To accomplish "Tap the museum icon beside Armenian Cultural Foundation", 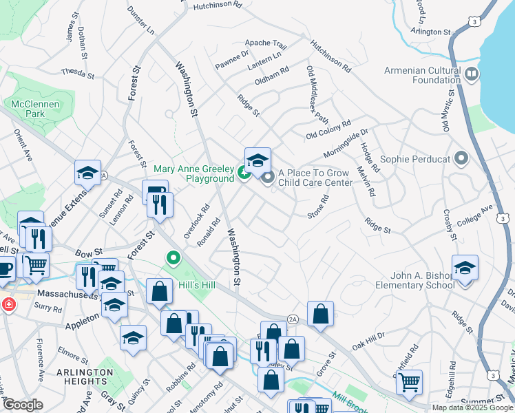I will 472,74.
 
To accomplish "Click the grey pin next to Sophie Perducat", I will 461,160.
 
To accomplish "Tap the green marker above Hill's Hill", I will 174,259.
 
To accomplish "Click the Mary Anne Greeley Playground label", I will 193,173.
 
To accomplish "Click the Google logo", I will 22,405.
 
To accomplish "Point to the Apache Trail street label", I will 265,43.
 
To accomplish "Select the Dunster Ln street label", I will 141,21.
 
